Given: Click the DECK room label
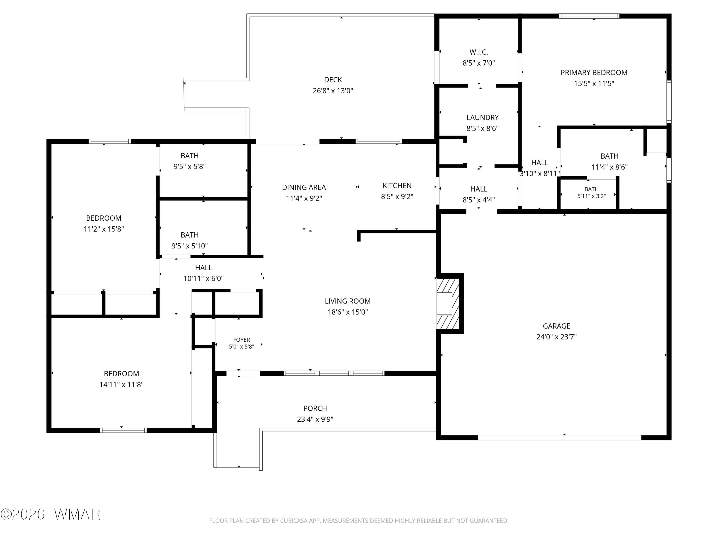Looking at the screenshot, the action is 333,80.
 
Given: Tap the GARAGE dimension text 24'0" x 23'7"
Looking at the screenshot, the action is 556,337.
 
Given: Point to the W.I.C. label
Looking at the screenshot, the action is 479,52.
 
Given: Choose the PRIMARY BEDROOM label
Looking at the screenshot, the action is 594,72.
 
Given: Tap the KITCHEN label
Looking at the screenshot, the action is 397,185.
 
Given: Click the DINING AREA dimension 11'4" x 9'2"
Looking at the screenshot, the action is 304,198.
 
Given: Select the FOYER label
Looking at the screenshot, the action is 241,340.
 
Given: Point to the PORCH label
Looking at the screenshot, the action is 315,408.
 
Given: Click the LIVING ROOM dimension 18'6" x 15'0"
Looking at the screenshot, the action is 348,312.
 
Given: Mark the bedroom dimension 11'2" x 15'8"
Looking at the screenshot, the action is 104,229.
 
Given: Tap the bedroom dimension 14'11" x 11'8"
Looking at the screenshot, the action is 121,385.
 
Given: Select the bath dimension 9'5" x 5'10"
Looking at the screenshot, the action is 190,246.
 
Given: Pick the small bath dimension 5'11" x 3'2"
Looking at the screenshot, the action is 591,196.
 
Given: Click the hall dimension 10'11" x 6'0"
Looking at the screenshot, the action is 203,278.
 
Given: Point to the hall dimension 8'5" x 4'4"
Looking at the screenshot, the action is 479,200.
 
